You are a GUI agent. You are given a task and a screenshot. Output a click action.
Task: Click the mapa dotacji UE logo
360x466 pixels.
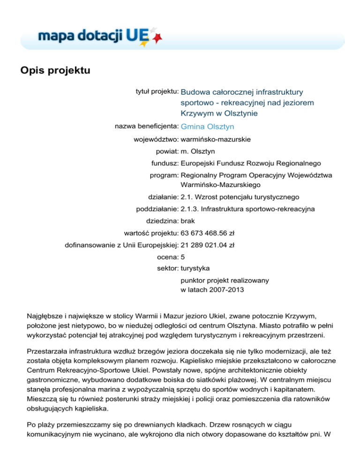point(94,35)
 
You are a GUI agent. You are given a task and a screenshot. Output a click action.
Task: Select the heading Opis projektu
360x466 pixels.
point(54,71)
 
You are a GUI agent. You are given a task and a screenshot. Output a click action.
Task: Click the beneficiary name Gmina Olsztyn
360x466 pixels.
point(207,127)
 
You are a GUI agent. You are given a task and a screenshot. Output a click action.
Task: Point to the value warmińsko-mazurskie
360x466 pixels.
point(216,139)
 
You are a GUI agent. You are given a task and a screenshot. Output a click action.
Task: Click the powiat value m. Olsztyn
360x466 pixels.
point(198,151)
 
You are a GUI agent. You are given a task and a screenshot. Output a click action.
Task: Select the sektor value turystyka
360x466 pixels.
point(195,269)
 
